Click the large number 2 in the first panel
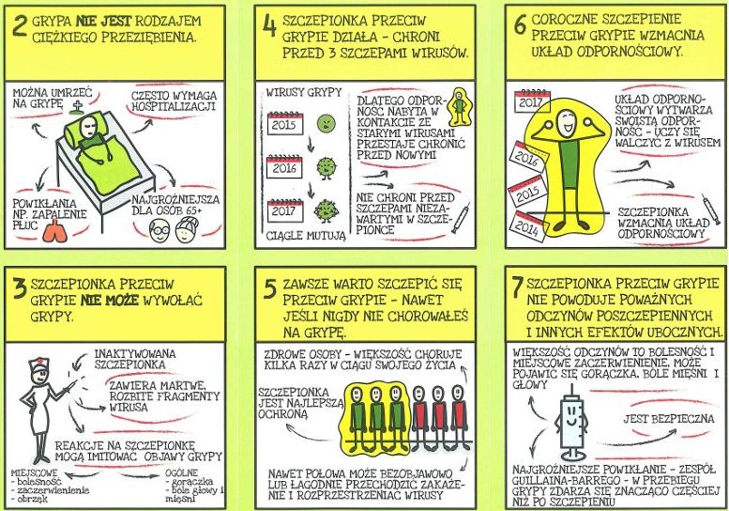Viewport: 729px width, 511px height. point(20,26)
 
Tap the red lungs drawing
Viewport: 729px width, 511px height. point(54,231)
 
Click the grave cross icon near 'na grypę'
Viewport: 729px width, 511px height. point(76,108)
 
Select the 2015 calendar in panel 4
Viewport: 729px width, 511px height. point(285,124)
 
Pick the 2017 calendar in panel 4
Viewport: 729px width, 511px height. point(285,210)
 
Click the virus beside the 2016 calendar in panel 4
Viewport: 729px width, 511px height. point(326,168)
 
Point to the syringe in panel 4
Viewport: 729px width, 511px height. point(462,218)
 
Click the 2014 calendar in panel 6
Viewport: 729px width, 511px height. point(528,226)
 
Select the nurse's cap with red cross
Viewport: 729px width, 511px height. point(38,364)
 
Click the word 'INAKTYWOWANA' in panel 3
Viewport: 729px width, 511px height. point(135,353)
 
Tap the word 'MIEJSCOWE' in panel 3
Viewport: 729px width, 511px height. point(35,473)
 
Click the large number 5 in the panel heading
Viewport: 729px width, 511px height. point(269,288)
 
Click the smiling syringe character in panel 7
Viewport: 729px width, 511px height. point(571,422)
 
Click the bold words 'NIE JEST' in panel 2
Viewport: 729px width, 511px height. point(104,21)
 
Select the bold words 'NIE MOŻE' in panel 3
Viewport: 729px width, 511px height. point(110,301)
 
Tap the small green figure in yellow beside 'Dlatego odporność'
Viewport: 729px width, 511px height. point(460,109)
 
